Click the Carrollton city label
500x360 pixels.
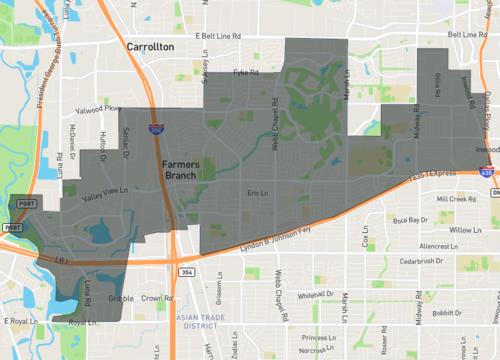click(x=150, y=47)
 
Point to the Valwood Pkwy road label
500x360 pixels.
click(x=97, y=109)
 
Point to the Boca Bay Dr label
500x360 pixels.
click(x=410, y=219)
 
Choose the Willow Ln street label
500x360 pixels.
click(x=465, y=230)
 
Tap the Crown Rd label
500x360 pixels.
click(x=152, y=298)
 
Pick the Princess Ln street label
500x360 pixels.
click(x=324, y=338)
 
